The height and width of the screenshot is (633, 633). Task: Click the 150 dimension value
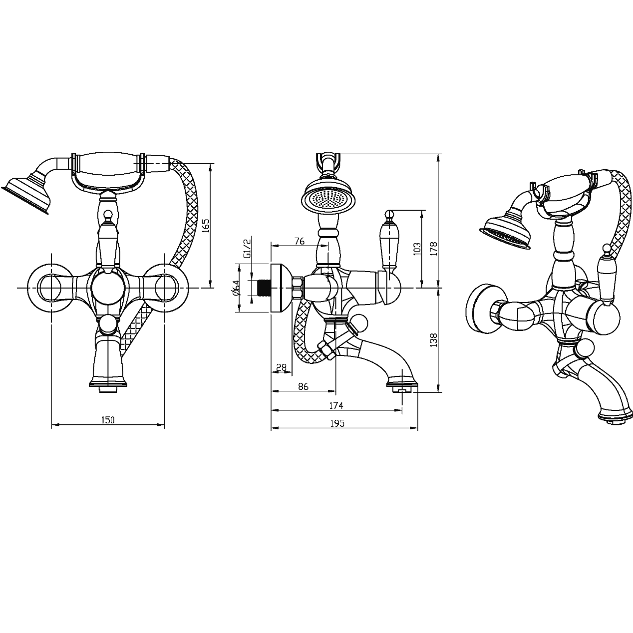tap(108, 420)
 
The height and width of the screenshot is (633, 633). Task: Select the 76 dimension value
tap(299, 241)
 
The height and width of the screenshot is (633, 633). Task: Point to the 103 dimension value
tap(417, 249)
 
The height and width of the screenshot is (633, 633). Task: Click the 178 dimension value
tap(434, 249)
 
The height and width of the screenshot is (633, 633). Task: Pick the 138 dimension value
tap(434, 340)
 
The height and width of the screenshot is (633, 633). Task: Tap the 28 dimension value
tap(281, 367)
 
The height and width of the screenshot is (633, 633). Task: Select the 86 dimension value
tap(303, 386)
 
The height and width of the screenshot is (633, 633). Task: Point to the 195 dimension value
tap(337, 424)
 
